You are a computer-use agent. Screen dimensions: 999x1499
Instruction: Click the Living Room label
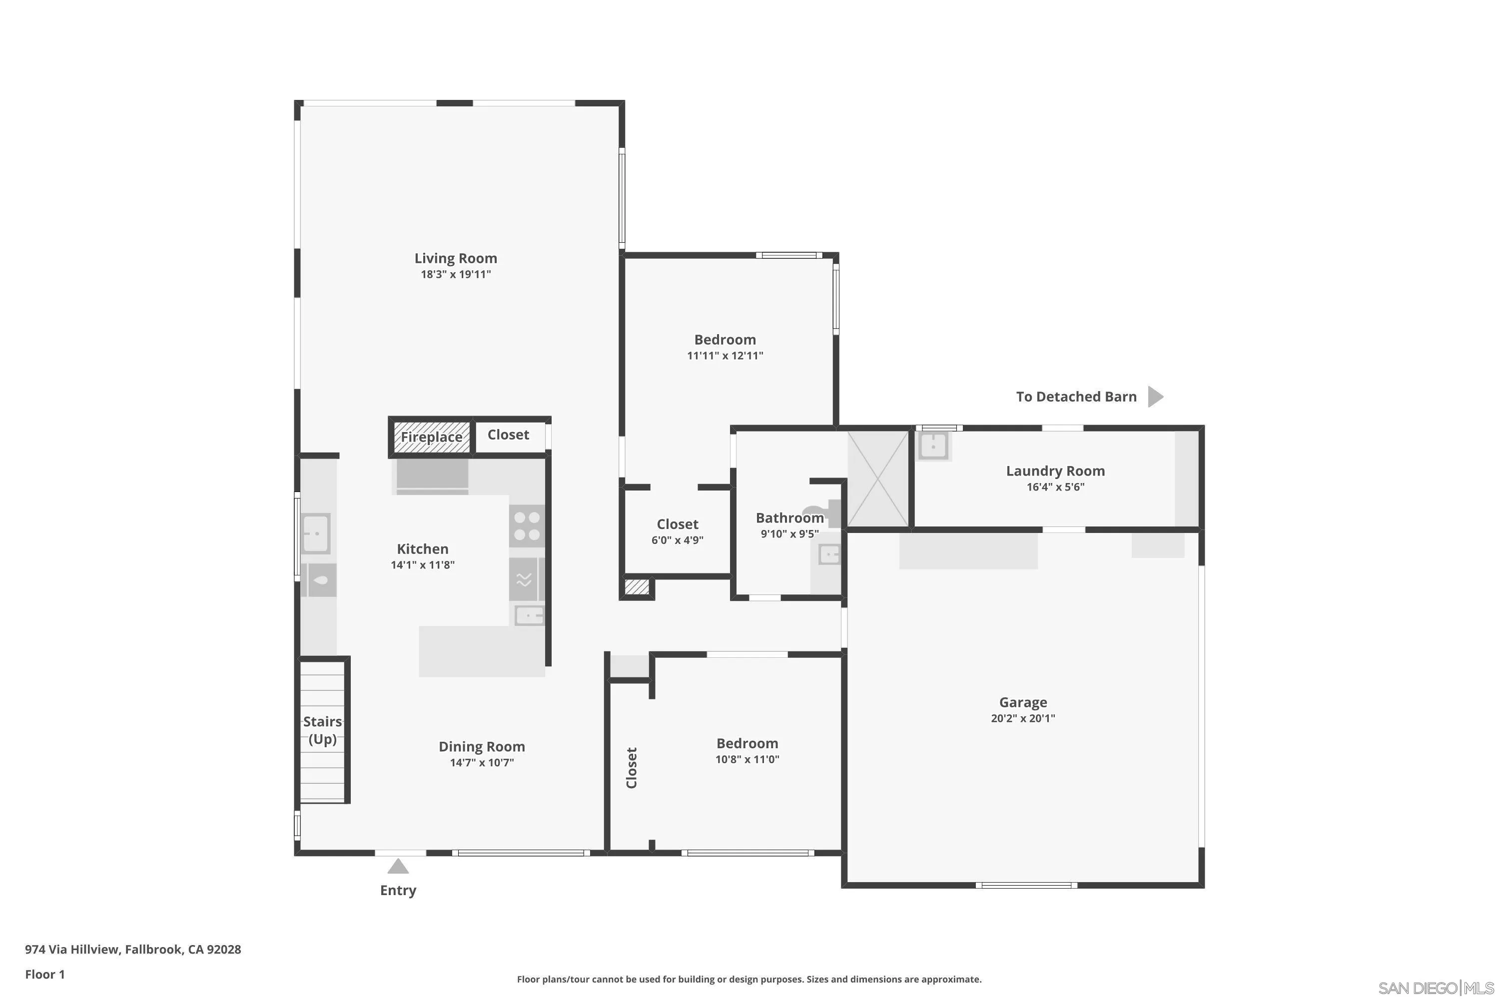[x=456, y=258]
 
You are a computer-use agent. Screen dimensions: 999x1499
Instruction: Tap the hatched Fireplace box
[x=432, y=437]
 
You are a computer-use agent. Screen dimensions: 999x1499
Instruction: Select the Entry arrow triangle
[x=398, y=867]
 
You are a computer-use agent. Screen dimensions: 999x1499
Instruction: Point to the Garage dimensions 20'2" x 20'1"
[x=1022, y=718]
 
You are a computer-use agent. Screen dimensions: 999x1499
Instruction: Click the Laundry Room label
[x=1055, y=471]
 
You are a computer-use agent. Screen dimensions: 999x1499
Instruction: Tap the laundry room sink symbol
[x=933, y=446]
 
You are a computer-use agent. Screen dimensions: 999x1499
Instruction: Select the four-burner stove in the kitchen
[x=527, y=526]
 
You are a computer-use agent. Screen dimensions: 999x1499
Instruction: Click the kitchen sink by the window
[x=315, y=533]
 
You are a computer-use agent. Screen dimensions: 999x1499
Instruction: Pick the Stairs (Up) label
[x=322, y=730]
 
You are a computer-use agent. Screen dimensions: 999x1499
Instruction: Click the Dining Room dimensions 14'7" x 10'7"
[x=481, y=763]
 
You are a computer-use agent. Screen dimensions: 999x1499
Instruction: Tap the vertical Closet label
[x=632, y=768]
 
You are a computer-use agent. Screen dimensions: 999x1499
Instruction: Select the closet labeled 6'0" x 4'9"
[x=677, y=531]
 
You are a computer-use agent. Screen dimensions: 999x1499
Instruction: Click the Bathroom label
[x=789, y=518]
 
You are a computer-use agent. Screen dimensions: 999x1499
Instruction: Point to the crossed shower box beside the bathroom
[x=877, y=479]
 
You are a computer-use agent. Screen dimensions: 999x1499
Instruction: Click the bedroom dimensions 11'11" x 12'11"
[x=725, y=356]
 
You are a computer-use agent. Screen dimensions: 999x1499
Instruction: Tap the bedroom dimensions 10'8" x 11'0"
[x=747, y=759]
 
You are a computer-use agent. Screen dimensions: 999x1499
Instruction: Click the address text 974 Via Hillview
[x=132, y=950]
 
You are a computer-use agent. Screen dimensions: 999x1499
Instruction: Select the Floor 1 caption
[x=44, y=974]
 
